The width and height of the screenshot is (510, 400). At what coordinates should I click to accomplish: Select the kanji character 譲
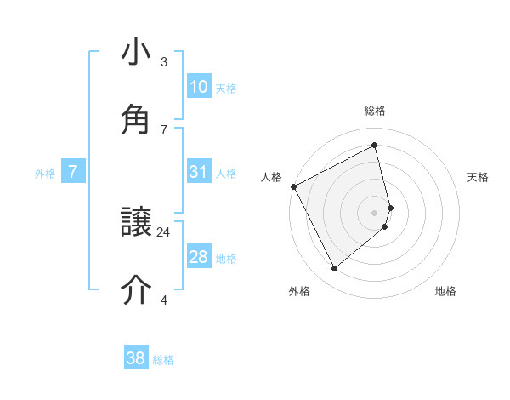[x=136, y=223]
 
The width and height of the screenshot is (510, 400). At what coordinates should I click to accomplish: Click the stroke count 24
[x=164, y=231]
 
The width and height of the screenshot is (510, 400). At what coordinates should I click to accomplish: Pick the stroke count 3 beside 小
[x=164, y=62]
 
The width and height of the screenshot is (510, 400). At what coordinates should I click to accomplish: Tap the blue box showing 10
[x=199, y=87]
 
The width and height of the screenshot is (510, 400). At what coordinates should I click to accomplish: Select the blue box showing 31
[x=199, y=172]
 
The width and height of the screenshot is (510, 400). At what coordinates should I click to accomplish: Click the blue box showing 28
[x=199, y=257]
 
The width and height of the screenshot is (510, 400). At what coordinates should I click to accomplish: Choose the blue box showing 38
[x=136, y=358]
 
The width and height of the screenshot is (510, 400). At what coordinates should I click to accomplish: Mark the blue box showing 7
[x=73, y=172]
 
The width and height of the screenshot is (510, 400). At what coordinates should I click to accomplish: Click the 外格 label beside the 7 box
[x=45, y=174]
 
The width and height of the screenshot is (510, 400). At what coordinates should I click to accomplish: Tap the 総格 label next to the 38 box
[x=163, y=360]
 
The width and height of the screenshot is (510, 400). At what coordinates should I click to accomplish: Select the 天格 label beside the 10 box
[x=226, y=89]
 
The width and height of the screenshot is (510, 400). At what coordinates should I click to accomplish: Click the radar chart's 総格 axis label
[x=375, y=111]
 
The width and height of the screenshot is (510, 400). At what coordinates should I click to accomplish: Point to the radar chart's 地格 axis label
[x=445, y=292]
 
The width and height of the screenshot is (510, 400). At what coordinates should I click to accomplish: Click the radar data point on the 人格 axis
[x=293, y=186]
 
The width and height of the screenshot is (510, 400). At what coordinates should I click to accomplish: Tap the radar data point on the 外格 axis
[x=334, y=269]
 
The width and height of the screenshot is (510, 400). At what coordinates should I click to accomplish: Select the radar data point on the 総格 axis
[x=375, y=145]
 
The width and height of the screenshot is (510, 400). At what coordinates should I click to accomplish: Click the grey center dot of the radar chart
[x=375, y=212]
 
